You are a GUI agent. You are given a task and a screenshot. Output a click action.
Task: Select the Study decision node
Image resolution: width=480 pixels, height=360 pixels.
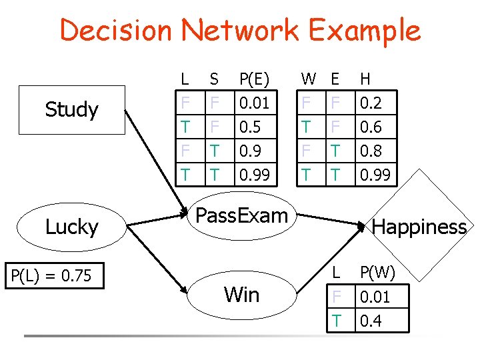(x=71, y=109)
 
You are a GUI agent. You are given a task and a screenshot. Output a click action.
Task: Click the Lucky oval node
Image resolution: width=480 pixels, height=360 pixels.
(x=71, y=227)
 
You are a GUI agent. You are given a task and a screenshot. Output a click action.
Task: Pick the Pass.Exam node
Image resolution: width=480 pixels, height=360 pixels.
(x=241, y=216)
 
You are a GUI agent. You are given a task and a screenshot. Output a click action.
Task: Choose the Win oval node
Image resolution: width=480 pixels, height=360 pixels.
(x=241, y=294)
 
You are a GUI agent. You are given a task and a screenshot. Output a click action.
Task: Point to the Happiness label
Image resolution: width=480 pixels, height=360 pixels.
(x=419, y=227)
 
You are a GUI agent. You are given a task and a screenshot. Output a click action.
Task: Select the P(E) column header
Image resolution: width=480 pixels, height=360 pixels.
(x=254, y=79)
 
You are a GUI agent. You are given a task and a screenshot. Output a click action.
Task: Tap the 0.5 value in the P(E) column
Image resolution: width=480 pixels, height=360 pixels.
(x=250, y=127)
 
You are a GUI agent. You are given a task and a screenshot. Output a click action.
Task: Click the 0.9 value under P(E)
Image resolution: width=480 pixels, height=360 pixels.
(x=250, y=151)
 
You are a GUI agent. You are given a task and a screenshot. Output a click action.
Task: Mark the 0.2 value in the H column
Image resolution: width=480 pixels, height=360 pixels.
(x=371, y=103)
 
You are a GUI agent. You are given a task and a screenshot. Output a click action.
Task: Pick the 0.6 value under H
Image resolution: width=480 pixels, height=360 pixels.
(x=371, y=127)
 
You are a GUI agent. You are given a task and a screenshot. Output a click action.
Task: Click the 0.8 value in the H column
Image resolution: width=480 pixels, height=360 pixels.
(x=371, y=151)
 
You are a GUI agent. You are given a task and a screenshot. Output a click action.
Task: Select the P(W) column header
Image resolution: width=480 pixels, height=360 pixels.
(x=377, y=273)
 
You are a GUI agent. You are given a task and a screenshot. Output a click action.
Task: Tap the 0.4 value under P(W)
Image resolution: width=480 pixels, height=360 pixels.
(x=371, y=321)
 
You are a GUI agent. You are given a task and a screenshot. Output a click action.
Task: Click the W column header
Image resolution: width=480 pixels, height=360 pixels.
(x=309, y=79)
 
